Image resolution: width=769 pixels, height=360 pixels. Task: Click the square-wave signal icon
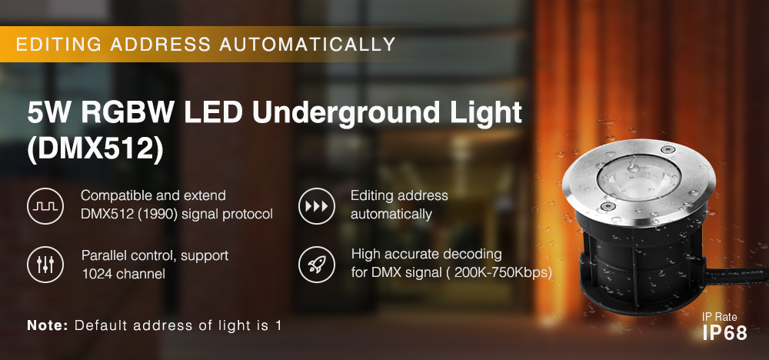point(45,205)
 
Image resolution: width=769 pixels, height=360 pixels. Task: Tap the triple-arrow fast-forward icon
point(317,205)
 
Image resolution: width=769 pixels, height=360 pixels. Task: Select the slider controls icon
point(45,265)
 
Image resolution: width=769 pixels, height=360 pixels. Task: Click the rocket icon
point(317,265)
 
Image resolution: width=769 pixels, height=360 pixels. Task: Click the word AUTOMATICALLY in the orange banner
point(307,44)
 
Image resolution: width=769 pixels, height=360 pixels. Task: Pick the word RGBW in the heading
point(128,113)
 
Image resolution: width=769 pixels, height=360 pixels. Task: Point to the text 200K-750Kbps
point(500,272)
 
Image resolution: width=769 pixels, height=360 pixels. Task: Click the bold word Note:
point(48,325)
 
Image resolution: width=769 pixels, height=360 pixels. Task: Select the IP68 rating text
point(725,332)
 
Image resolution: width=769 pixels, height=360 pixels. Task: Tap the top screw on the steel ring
point(666,149)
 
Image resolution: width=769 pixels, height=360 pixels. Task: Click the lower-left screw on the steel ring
point(607,206)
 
